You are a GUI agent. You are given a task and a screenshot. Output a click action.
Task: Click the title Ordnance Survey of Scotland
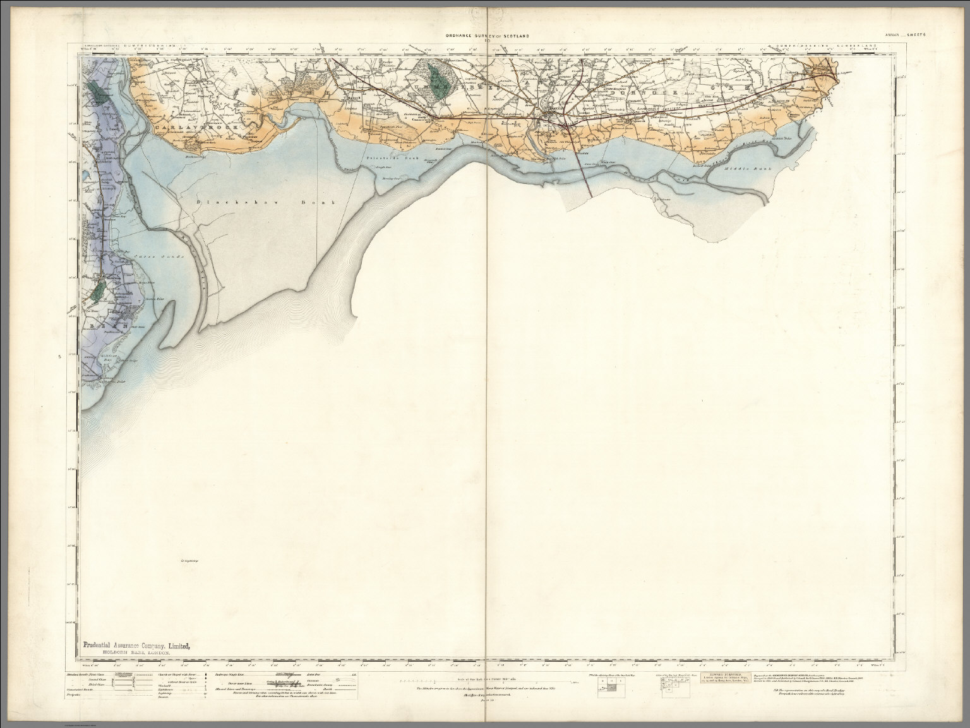click(486, 37)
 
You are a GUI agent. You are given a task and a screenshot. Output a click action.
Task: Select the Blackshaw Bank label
click(265, 202)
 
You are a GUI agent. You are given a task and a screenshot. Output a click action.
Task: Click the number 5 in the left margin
click(59, 358)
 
